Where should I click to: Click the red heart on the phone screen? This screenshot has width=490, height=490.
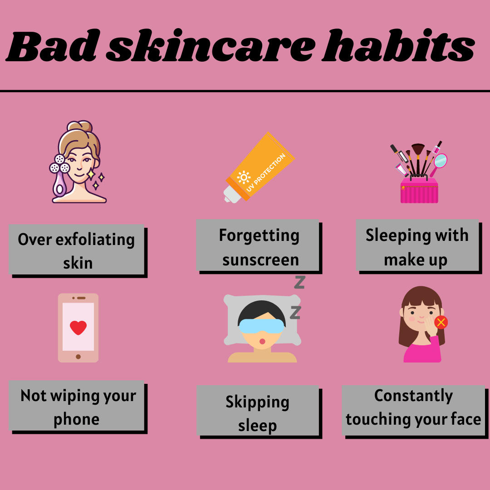tap(78, 328)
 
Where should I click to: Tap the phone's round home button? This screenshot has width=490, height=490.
tap(78, 357)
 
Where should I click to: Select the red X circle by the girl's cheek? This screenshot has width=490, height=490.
tap(441, 322)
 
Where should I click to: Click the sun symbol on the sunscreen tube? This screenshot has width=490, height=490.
tap(244, 177)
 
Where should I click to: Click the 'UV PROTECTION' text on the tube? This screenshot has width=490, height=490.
tap(265, 172)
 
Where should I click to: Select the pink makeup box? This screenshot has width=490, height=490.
tap(419, 190)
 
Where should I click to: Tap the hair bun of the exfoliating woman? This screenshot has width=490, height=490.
tap(79, 126)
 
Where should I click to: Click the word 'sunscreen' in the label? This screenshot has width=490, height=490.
tap(260, 260)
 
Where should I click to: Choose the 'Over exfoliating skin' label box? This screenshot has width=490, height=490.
tap(78, 251)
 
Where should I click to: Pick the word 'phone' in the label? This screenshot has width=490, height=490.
tap(77, 419)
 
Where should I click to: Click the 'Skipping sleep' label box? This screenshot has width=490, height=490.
tap(259, 412)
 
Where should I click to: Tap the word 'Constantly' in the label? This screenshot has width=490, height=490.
tap(413, 396)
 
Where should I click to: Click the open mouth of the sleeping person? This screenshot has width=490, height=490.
tap(263, 341)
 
